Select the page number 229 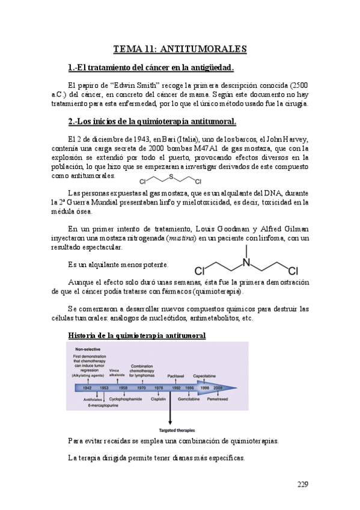coord(306,484)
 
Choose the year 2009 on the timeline coord(217,388)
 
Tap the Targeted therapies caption coord(171,430)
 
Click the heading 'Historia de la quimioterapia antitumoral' coord(138,334)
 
